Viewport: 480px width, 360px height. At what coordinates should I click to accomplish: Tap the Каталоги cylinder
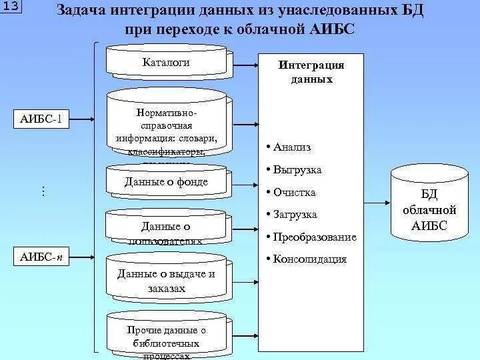[x=166, y=63]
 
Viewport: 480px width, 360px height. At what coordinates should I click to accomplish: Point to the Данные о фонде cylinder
[x=166, y=181]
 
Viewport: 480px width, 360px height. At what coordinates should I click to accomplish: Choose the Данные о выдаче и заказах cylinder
[x=166, y=281]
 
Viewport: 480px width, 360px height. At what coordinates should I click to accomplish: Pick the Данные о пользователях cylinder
[x=166, y=230]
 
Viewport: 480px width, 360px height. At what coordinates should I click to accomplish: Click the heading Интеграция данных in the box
[x=311, y=72]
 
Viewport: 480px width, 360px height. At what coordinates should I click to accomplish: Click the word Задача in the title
[x=79, y=13]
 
